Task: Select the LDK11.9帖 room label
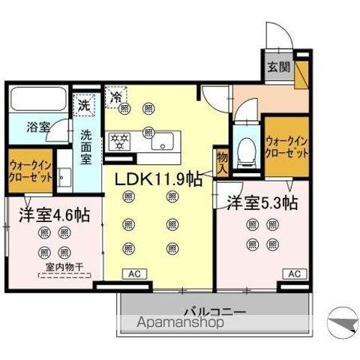point(157,179)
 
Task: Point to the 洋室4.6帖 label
point(54,214)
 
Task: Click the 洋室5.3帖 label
point(262,202)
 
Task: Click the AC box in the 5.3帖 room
point(295,273)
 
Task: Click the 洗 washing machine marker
point(84,106)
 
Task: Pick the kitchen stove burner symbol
point(121,139)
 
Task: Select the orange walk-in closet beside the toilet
point(286,146)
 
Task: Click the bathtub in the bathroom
point(37,100)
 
